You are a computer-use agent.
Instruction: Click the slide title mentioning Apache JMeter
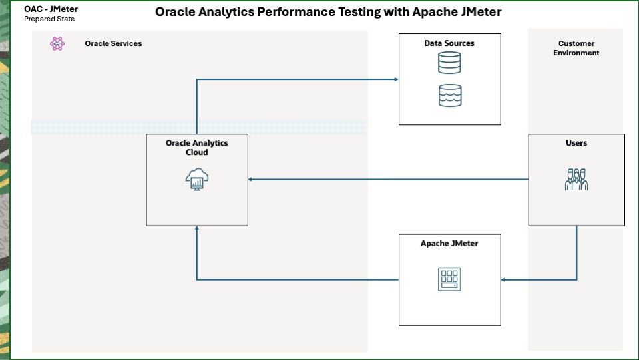pyautogui.click(x=328, y=12)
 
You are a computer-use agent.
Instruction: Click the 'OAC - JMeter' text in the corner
pyautogui.click(x=51, y=9)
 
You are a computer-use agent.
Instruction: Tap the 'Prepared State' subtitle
pyautogui.click(x=49, y=19)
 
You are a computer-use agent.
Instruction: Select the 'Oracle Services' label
pyautogui.click(x=113, y=43)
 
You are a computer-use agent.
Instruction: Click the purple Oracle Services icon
pyautogui.click(x=57, y=44)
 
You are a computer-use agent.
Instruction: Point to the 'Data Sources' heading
pyautogui.click(x=449, y=43)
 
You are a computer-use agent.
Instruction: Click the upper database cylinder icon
pyautogui.click(x=449, y=63)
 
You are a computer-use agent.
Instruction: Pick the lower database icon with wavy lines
pyautogui.click(x=449, y=95)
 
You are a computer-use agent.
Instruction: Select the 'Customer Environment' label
pyautogui.click(x=576, y=48)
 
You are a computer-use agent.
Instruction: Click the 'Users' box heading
pyautogui.click(x=576, y=143)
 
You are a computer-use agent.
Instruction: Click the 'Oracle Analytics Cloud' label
pyautogui.click(x=196, y=148)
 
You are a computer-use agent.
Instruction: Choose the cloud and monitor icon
pyautogui.click(x=197, y=180)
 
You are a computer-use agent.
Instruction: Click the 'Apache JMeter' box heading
pyautogui.click(x=449, y=244)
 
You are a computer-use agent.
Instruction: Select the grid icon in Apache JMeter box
pyautogui.click(x=449, y=279)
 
